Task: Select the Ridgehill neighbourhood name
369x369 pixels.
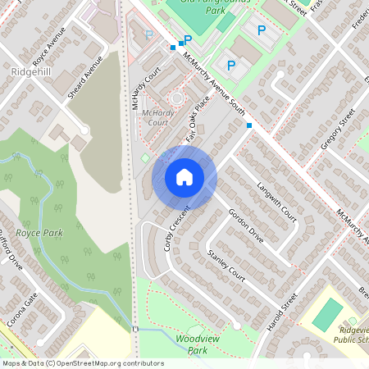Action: pyautogui.click(x=32, y=72)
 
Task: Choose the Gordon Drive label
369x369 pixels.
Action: pyautogui.click(x=246, y=224)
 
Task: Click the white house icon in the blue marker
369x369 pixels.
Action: pyautogui.click(x=184, y=176)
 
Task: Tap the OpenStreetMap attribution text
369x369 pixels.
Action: pyautogui.click(x=82, y=363)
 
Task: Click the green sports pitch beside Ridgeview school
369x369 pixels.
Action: pyautogui.click(x=327, y=314)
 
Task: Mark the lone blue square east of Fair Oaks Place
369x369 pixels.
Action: pyautogui.click(x=249, y=125)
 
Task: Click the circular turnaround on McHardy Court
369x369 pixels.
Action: pyautogui.click(x=176, y=98)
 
